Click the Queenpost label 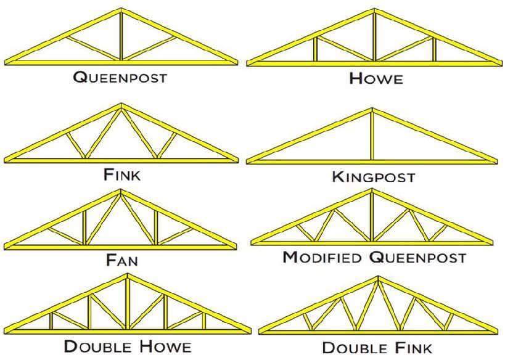tap(120, 78)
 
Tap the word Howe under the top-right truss tap(376, 78)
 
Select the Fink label tap(122, 175)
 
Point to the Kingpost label tap(373, 177)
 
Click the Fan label tap(122, 260)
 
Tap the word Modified tap(322, 257)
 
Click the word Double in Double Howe tap(98, 346)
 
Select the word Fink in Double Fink tap(414, 348)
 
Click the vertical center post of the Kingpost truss tap(372, 136)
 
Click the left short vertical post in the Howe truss tap(316, 49)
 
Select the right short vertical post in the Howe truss tap(434, 49)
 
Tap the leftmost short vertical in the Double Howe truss tap(51, 321)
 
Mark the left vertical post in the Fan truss tap(84, 227)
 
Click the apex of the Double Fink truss tap(378, 277)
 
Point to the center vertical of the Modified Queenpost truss tap(372, 216)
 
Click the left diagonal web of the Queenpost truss tap(93, 48)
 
